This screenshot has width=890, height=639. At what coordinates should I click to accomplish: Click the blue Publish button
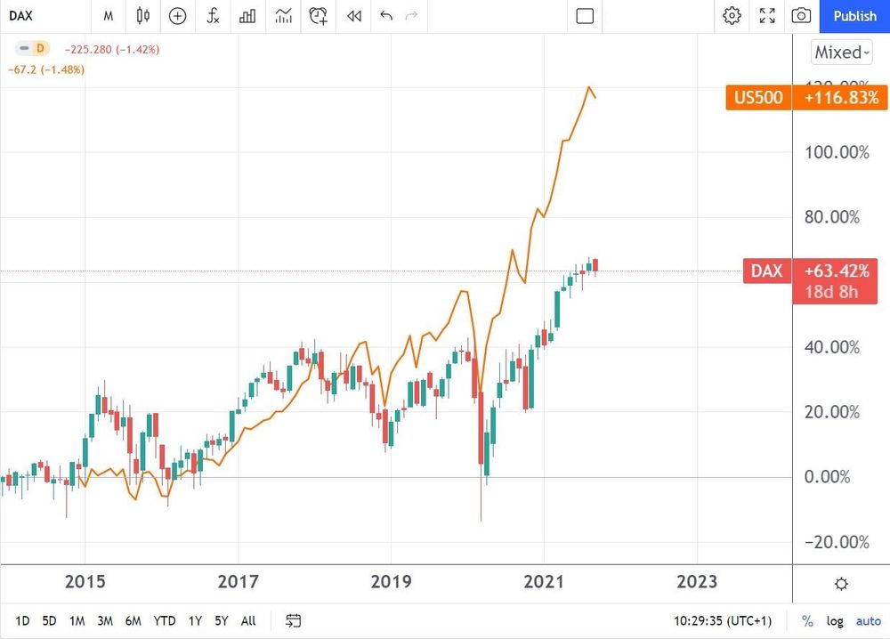pos(854,16)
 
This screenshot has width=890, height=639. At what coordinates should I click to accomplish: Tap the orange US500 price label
pos(758,97)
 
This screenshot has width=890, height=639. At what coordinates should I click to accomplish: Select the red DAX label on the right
pos(765,271)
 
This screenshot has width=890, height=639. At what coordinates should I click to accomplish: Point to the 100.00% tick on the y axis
pos(837,152)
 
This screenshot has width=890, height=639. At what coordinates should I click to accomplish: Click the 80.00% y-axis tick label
pos(837,217)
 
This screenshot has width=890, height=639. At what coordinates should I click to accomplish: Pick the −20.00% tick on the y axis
pos(837,543)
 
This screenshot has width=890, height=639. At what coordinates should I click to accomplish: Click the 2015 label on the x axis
pos(85,582)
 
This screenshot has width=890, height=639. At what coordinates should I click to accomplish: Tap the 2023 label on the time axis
pos(696,582)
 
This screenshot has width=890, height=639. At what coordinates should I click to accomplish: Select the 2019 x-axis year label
pos(391,582)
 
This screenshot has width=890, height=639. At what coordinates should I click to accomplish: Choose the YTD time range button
pos(164,620)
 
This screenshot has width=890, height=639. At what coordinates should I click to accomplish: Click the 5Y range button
pos(222,620)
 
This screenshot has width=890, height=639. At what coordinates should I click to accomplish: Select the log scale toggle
pos(835,620)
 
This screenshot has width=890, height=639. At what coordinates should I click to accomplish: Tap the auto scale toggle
pos(868,620)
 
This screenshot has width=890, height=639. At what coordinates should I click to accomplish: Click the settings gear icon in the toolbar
pos(732,16)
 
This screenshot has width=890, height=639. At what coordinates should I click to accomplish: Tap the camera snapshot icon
pos(801,16)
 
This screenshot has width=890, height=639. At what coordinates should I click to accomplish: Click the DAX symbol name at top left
pos(21,16)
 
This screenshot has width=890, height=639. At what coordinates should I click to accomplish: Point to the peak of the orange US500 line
pos(588,87)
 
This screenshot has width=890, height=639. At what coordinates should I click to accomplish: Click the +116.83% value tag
pos(841,97)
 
